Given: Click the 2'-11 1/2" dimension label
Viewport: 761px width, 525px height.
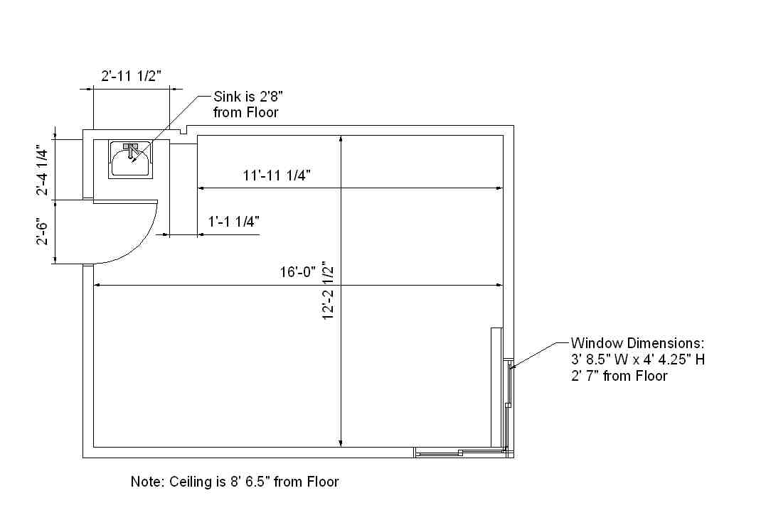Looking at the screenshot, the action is tap(131, 76).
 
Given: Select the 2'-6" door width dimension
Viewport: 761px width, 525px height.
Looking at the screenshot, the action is tap(42, 233).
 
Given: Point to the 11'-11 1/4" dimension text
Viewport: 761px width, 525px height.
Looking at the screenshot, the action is tap(277, 175).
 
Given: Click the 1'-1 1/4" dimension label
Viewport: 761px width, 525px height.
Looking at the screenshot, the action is tap(233, 222).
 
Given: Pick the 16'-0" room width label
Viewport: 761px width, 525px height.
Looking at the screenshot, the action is tap(297, 272).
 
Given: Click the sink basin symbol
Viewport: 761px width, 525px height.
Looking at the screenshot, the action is tap(130, 160).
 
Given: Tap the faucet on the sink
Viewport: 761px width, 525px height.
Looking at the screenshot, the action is tap(130, 150).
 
